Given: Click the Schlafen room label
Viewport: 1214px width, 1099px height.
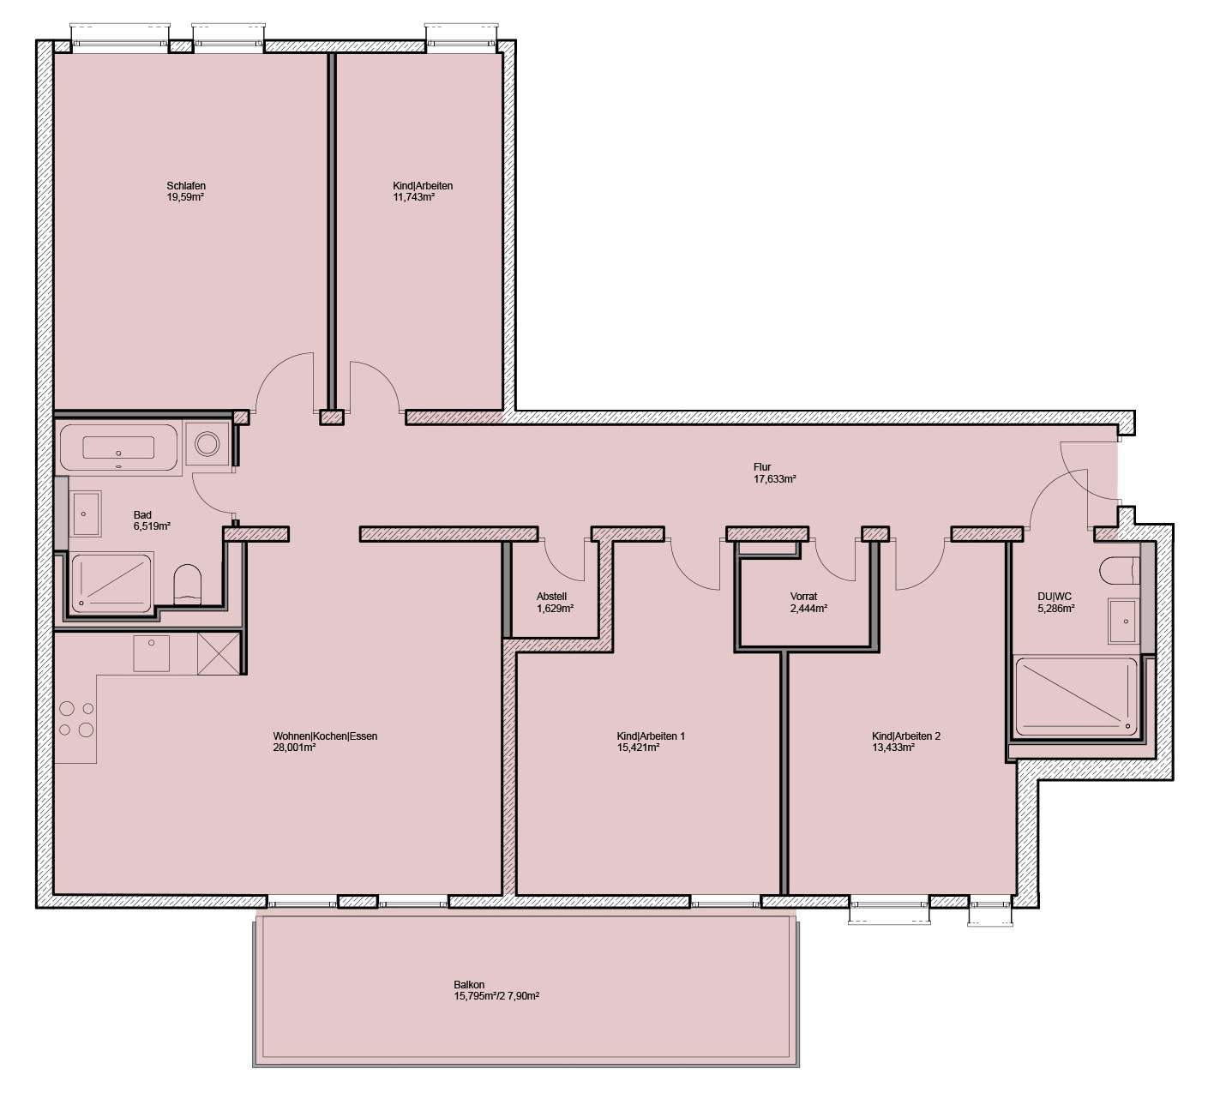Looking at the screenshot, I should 186,186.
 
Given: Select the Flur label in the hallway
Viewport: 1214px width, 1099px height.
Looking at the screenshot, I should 762,467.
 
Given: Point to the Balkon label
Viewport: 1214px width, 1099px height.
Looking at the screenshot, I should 470,985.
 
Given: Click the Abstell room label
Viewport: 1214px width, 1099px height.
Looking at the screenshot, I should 551,597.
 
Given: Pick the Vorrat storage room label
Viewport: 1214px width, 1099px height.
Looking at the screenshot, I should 803,597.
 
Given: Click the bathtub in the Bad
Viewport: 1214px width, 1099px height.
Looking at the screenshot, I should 118,447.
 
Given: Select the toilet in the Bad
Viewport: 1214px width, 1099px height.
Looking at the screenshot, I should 187,585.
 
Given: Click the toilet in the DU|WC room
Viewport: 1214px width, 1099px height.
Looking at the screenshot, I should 1118,569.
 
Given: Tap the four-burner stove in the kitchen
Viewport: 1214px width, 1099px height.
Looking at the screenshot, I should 75,719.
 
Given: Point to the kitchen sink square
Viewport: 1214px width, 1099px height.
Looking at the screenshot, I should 151,652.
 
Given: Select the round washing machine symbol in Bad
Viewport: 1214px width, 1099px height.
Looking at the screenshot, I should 208,443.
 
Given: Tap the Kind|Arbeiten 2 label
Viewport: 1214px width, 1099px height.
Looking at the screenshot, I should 906,736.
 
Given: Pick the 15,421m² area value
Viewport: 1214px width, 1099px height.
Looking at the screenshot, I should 637,748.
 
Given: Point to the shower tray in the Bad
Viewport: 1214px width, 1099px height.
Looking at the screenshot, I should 111,583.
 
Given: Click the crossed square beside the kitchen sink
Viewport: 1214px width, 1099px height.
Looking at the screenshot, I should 217,653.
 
